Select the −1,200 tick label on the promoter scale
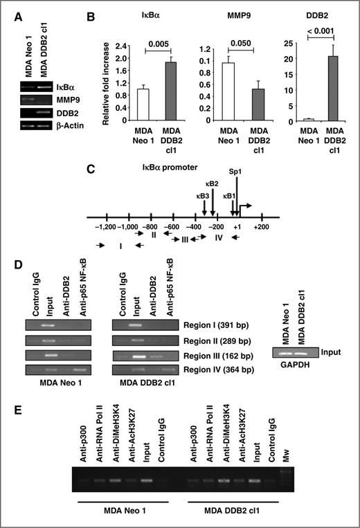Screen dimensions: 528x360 point(105,227)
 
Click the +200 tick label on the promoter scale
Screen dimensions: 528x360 point(260,227)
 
